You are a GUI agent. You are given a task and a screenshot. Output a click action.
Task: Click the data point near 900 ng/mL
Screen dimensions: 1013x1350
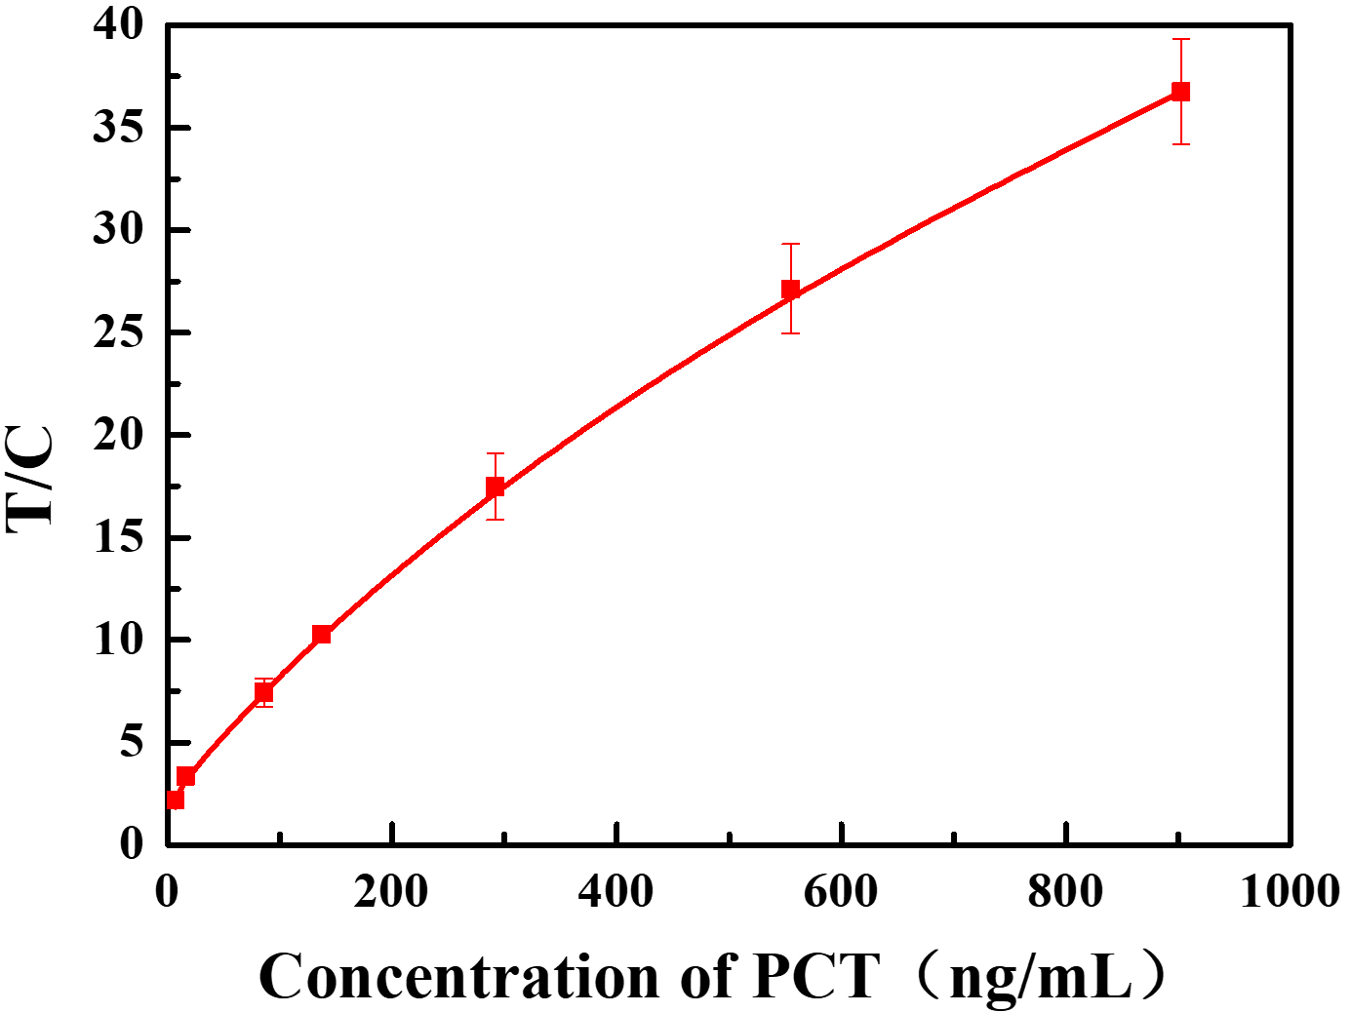1180,92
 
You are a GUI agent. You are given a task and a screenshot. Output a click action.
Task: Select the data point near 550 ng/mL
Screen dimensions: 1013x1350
790,290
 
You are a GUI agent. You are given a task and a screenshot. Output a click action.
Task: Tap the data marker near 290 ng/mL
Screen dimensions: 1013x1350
496,487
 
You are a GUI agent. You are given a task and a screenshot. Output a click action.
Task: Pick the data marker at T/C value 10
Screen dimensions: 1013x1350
321,635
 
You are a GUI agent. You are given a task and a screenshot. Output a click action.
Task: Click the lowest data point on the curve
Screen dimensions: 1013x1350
176,799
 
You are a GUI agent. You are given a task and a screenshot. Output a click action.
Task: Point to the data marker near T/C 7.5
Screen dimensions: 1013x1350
263,692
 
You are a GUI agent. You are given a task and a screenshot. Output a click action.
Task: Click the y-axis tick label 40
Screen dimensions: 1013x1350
118,24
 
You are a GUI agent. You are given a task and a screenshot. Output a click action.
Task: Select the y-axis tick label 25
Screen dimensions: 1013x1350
118,332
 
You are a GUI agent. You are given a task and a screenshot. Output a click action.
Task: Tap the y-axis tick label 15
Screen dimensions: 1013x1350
118,537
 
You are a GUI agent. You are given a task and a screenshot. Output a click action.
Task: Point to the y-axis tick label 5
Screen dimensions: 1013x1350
132,743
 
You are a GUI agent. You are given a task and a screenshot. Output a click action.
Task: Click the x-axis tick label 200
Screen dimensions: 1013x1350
391,891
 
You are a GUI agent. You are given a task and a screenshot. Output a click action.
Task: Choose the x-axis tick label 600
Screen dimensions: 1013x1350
841,891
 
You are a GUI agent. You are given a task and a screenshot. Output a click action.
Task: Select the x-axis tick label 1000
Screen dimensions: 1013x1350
1290,891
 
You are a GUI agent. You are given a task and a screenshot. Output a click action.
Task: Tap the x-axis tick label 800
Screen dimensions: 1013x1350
1065,891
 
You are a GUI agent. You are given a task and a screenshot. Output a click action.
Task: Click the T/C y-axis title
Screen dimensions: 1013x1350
31,478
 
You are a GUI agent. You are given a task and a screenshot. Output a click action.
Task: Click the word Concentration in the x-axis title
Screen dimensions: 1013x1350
458,976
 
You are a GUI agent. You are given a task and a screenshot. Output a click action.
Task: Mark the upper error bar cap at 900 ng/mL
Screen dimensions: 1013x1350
1180,39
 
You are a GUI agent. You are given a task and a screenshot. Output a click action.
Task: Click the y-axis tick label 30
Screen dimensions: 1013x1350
118,230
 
